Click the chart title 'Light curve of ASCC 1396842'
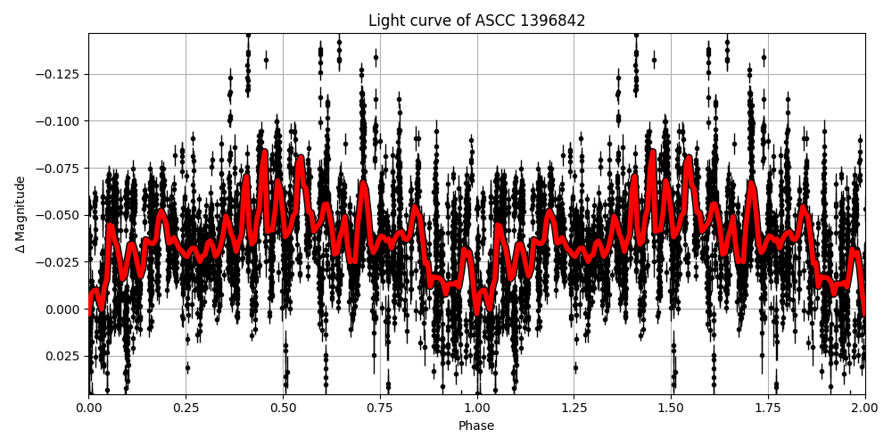click(476, 21)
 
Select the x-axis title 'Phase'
click(476, 426)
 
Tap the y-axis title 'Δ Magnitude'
click(21, 214)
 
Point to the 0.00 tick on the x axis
click(88, 408)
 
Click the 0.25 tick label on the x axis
click(186, 408)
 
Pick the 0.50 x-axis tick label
click(283, 408)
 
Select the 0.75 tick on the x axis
click(380, 408)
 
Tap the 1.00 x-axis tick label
click(476, 408)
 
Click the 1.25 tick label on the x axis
click(574, 408)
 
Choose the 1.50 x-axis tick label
click(671, 408)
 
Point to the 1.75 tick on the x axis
click(768, 408)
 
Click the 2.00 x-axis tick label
click(864, 408)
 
